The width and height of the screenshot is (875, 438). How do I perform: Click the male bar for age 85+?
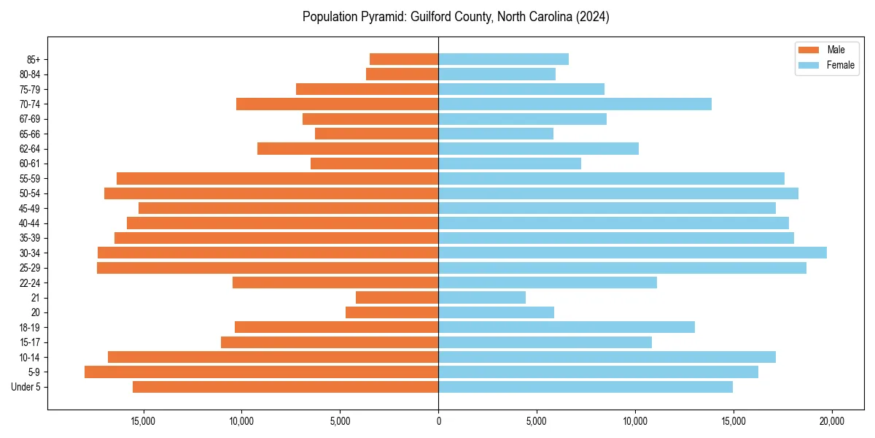point(404,59)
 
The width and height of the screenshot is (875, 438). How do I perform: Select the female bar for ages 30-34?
point(632,253)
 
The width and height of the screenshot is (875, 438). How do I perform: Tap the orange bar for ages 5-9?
point(261,372)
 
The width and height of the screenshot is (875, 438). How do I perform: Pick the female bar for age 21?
point(482,297)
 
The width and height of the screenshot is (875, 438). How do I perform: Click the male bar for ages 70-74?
point(337,104)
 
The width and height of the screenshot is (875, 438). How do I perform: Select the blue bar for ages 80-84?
point(497,74)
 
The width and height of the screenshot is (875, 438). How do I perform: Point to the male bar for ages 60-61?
point(374,164)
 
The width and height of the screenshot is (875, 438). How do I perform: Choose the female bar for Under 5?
point(586,387)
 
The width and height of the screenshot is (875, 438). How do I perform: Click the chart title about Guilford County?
point(456,17)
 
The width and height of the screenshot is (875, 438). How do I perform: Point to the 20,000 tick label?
point(832,421)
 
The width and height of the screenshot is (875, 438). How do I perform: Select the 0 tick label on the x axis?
point(438,421)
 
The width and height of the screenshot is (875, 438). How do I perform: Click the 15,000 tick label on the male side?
point(143,421)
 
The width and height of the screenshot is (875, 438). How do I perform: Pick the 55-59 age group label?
point(30,178)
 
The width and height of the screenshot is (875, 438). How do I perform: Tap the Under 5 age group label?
point(26,387)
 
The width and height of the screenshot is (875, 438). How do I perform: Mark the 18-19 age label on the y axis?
point(30,327)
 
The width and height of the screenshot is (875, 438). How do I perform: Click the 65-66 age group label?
point(30,134)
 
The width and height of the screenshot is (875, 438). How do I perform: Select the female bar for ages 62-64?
point(538,148)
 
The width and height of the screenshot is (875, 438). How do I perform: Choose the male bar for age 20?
point(392,312)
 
